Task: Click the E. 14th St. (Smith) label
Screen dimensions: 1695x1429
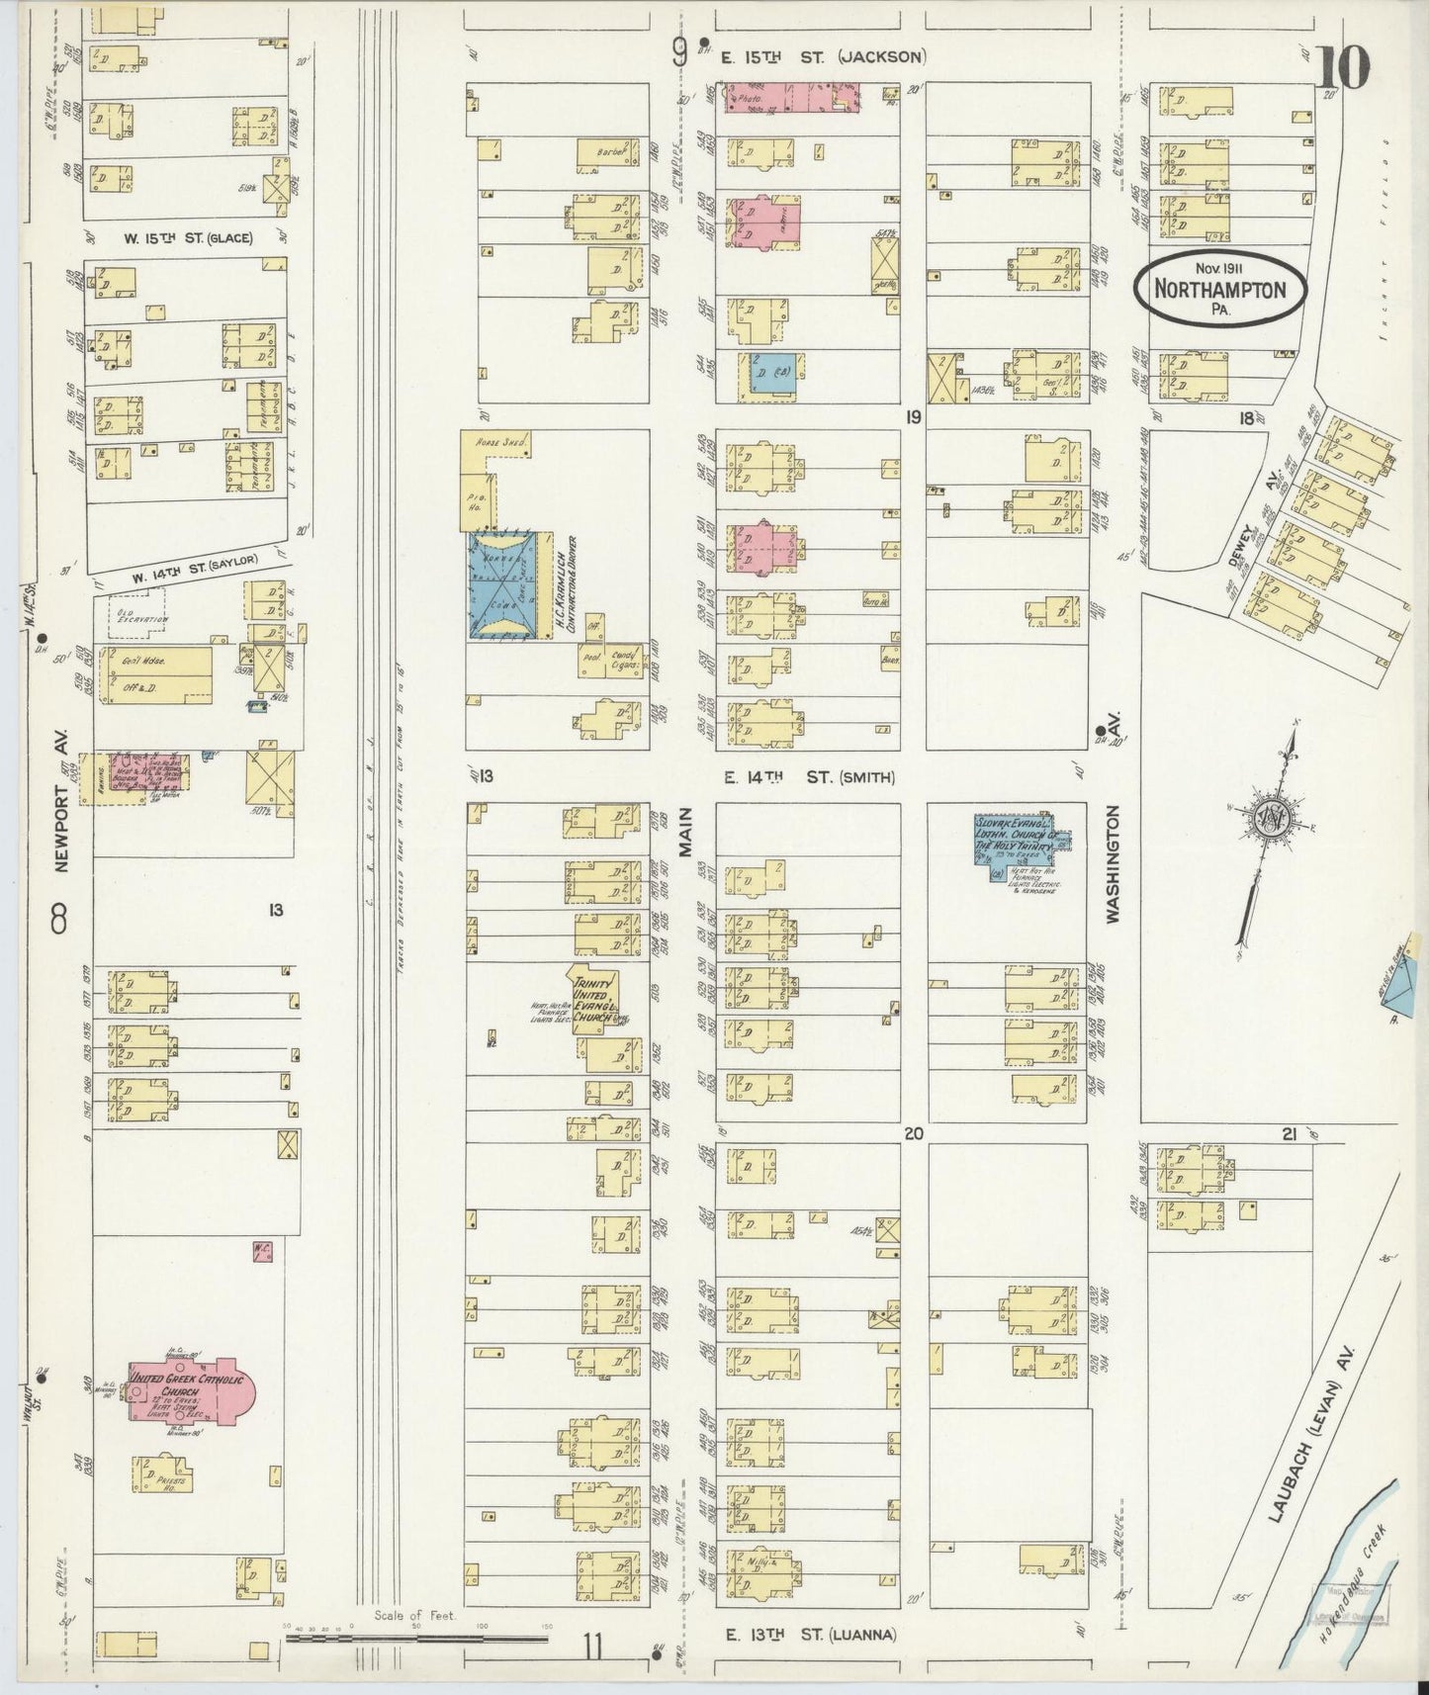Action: [x=809, y=777]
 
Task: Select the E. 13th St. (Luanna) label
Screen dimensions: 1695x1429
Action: [x=810, y=1635]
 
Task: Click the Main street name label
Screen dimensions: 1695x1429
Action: [x=683, y=832]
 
